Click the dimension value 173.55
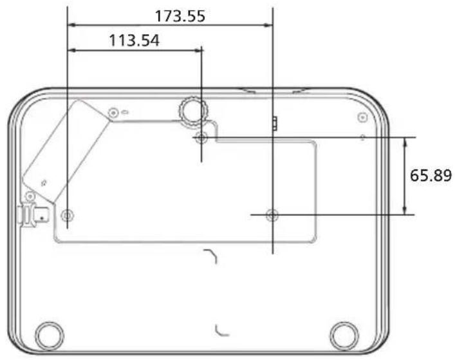tap(180, 16)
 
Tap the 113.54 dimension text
tap(134, 41)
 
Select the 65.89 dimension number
tap(431, 175)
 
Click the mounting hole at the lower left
tap(68, 215)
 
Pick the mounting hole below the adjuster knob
tap(201, 137)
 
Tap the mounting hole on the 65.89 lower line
tap(272, 215)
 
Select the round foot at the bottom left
tap(50, 336)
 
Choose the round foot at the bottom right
tap(344, 336)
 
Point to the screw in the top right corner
tap(362, 118)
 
